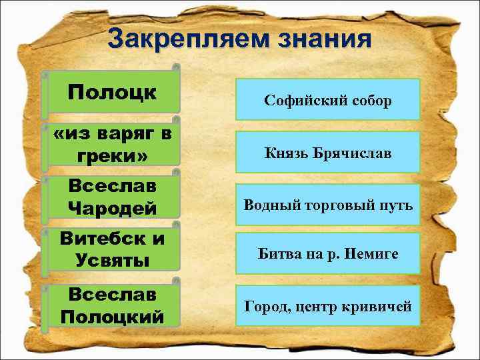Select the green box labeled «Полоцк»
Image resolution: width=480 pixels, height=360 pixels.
coord(112,93)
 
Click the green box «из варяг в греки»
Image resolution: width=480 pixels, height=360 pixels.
coord(112,145)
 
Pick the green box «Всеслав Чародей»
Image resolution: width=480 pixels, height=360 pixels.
coord(112,197)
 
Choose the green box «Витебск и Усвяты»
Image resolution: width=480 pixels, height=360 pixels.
coord(112,249)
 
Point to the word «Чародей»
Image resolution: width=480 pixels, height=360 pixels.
coord(112,208)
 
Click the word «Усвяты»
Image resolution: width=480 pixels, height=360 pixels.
coord(112,261)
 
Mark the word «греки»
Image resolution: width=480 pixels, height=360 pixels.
coord(112,157)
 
